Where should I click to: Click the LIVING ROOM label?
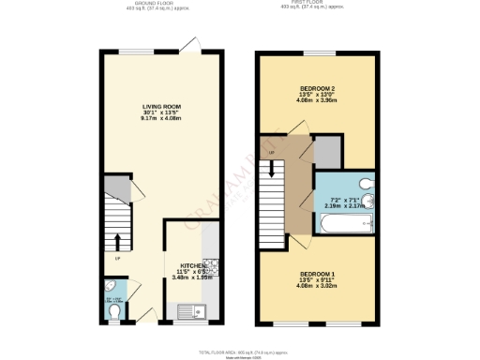coord(161,107)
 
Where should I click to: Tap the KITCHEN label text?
coord(187,264)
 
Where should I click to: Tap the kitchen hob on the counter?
coord(212,268)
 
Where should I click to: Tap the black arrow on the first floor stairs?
coord(273,170)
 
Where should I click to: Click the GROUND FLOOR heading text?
coord(157,4)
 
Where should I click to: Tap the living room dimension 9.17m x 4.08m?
coord(161,118)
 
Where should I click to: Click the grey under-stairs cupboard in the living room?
coord(116,186)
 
